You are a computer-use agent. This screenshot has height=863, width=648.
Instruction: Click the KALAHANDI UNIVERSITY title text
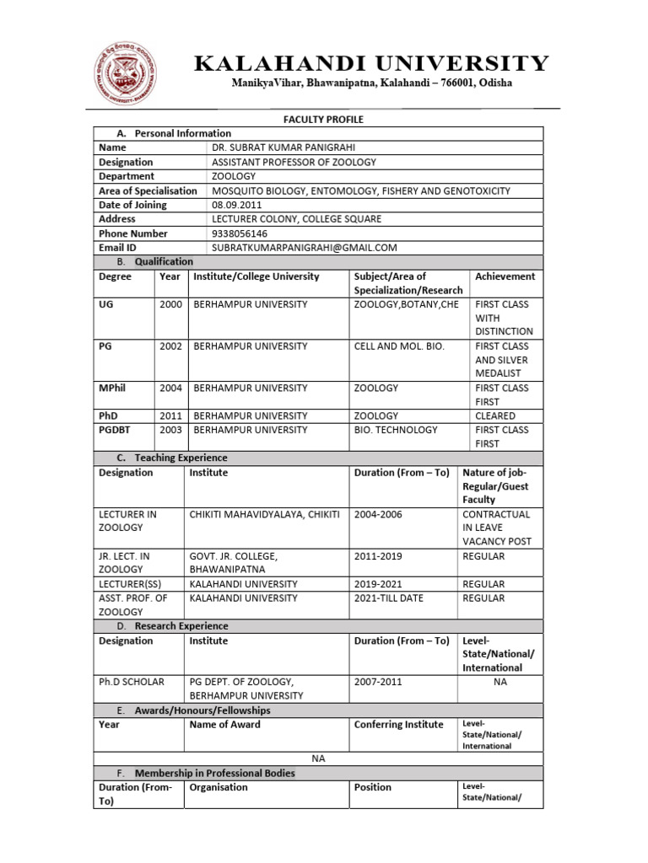tap(372, 63)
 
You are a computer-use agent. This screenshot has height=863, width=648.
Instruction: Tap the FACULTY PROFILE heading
tap(318, 120)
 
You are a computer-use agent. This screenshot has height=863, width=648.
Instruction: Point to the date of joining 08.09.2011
tap(232, 205)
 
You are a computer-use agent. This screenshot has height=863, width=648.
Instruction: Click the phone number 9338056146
tap(239, 233)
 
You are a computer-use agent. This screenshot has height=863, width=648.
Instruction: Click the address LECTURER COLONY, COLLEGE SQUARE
tap(296, 219)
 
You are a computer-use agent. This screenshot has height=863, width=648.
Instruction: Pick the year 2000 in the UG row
tap(170, 304)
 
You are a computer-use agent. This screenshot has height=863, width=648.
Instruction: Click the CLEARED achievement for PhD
tap(495, 415)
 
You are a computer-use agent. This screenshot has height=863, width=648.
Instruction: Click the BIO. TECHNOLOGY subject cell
tap(396, 430)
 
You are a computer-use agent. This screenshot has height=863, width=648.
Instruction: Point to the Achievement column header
tap(505, 276)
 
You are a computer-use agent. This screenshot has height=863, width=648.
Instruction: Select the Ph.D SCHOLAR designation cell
tap(131, 682)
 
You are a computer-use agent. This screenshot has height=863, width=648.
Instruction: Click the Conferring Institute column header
tap(398, 724)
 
